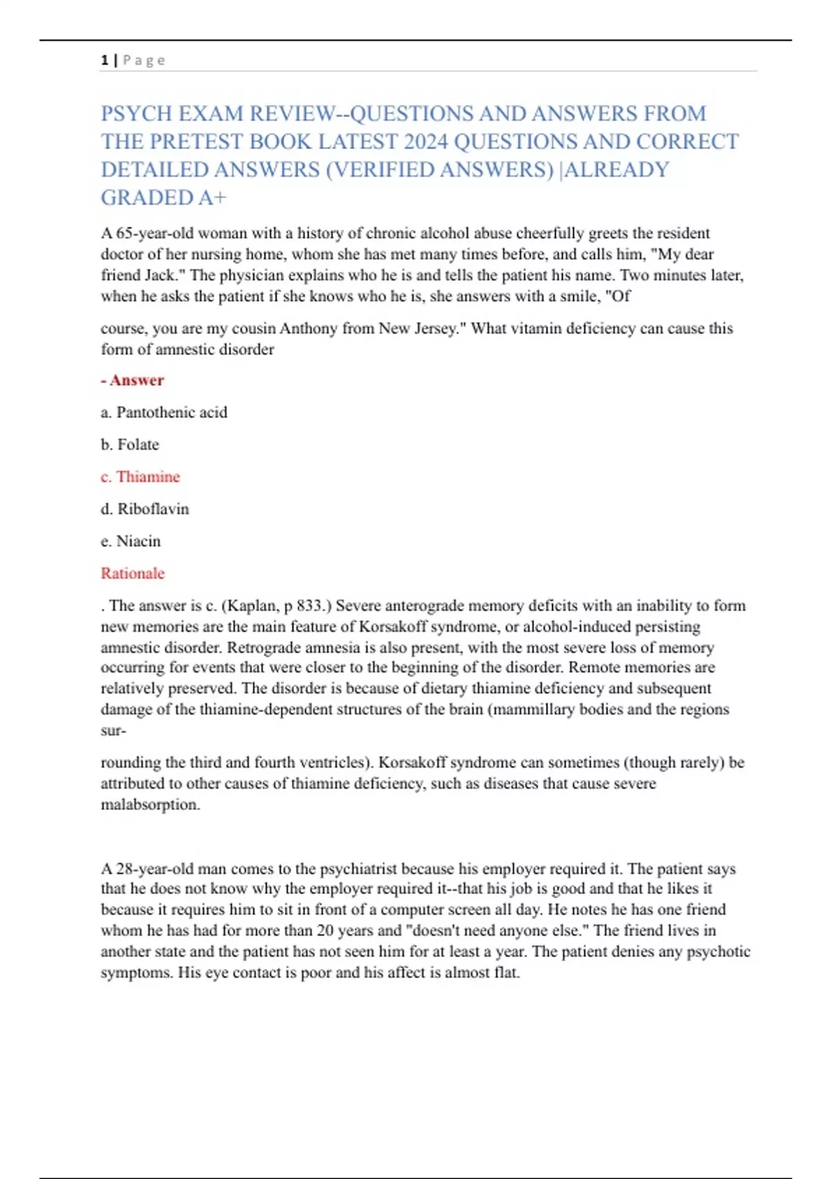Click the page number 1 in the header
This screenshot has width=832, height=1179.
104,60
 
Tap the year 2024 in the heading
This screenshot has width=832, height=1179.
426,141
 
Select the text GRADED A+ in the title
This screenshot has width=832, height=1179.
164,198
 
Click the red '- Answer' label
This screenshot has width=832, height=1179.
132,380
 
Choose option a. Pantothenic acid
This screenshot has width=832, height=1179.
164,413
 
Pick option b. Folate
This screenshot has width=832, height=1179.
130,445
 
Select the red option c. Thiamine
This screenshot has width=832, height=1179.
140,477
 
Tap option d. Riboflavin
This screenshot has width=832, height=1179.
145,509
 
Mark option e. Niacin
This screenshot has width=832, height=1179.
131,541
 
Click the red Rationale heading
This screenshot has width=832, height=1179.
132,574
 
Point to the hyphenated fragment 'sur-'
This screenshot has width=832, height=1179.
113,730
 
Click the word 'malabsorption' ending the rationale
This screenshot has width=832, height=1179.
149,804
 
